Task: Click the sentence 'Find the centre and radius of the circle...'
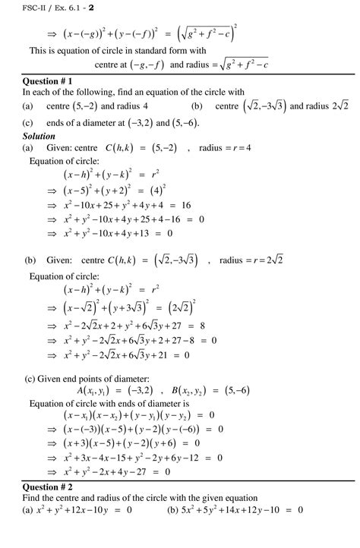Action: [144, 498]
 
